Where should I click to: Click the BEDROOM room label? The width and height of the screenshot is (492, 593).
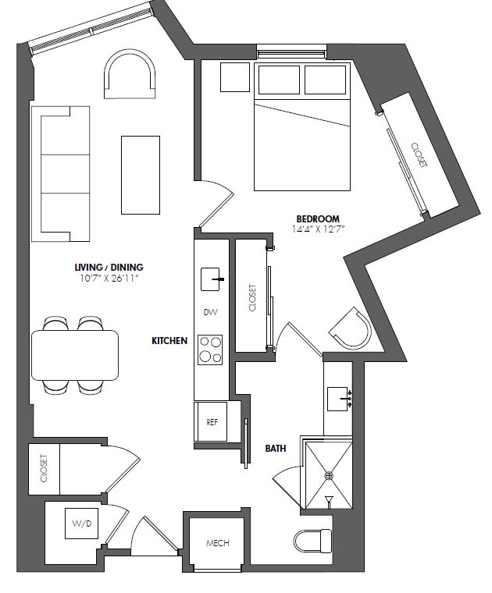click(318, 218)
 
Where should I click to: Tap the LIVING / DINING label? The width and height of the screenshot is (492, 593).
click(109, 268)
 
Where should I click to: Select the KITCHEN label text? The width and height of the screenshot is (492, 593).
click(169, 341)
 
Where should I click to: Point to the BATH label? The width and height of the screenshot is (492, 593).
click(276, 449)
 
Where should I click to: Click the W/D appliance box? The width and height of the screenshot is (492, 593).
click(82, 524)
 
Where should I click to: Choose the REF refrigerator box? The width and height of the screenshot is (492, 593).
click(210, 421)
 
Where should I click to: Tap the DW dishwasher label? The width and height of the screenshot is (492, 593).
click(210, 312)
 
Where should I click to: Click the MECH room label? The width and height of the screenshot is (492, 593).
click(217, 543)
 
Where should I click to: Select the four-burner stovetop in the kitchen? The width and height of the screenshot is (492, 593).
click(210, 350)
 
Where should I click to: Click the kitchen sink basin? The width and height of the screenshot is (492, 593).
click(210, 279)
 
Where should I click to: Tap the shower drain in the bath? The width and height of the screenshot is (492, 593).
click(330, 475)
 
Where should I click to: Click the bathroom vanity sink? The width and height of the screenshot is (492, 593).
click(337, 399)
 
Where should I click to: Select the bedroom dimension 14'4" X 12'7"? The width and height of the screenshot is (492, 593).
click(318, 229)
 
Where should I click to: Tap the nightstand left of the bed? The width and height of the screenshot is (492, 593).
click(235, 77)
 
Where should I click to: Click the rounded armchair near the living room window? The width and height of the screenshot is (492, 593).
click(130, 74)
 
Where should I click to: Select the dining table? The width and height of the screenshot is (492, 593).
click(75, 356)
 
